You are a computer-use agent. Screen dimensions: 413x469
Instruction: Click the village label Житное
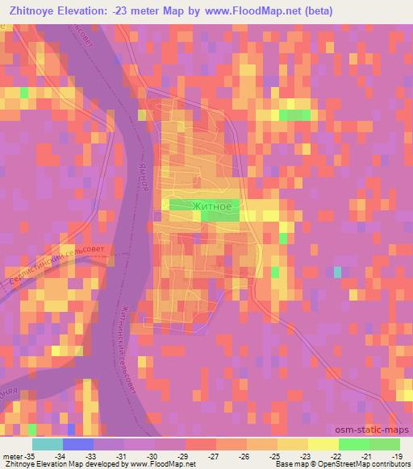pyautogui.click(x=213, y=206)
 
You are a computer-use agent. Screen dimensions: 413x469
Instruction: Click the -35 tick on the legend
pyautogui.click(x=32, y=456)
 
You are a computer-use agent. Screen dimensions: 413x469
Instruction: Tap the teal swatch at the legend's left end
pyautogui.click(x=48, y=444)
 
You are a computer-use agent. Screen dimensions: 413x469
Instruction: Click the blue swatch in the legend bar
pyautogui.click(x=78, y=444)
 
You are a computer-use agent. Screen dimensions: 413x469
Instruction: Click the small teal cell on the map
pyautogui.click(x=337, y=272)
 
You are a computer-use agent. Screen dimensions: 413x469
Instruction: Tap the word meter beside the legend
pyautogui.click(x=12, y=456)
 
